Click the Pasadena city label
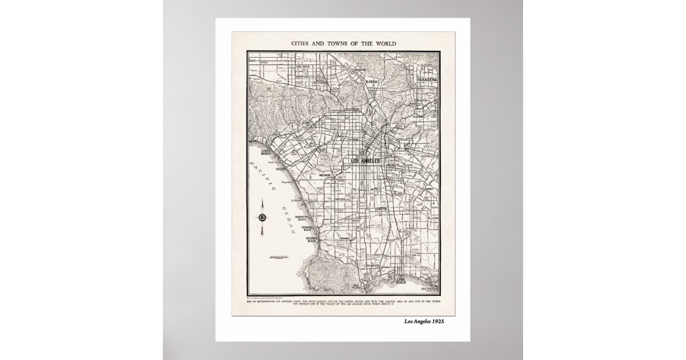click(x=426, y=79)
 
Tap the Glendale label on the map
click(x=372, y=82)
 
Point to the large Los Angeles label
click(x=365, y=161)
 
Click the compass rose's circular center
click(x=262, y=217)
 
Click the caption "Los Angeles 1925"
click(x=424, y=321)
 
